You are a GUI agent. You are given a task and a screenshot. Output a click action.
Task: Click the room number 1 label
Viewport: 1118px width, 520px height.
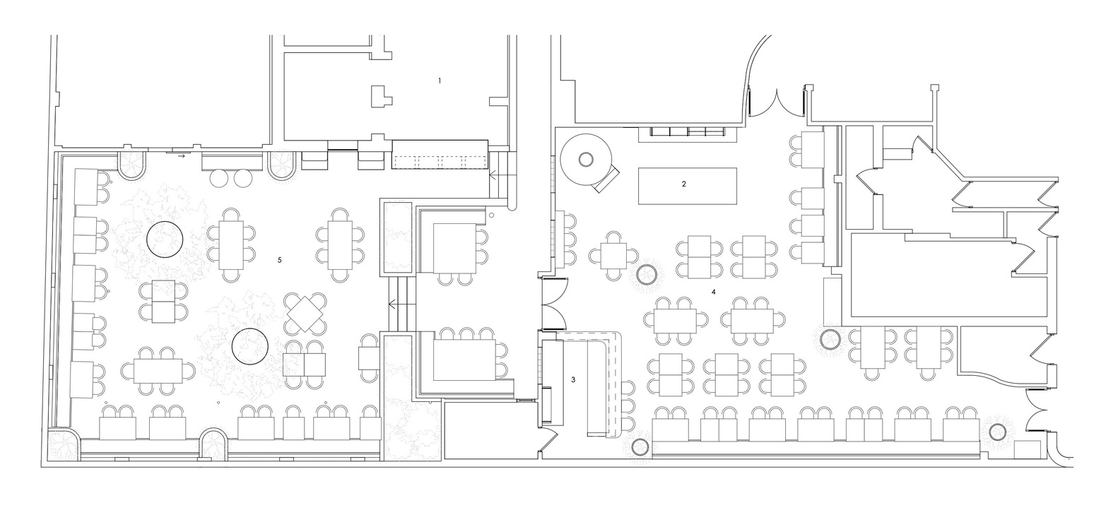click(x=439, y=81)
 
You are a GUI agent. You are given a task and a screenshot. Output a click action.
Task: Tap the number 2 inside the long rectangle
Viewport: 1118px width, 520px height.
click(x=683, y=184)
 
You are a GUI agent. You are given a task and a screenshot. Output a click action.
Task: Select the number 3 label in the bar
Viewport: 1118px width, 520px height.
click(x=573, y=379)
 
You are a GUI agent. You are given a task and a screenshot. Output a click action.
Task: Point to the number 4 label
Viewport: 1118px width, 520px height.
click(x=714, y=291)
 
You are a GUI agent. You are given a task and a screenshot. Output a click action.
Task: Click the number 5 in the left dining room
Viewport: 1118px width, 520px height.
click(x=280, y=260)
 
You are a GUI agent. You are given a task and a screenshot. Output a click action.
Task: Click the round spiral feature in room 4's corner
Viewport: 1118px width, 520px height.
click(x=587, y=160)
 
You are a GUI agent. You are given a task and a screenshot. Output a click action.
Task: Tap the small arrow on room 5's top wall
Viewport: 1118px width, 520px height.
click(x=182, y=155)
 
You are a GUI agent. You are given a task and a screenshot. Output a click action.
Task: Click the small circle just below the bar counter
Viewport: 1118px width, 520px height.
click(x=640, y=446)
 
